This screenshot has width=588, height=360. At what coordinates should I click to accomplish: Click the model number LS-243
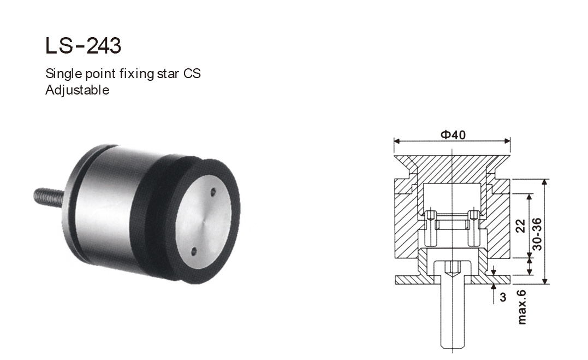pos(83,46)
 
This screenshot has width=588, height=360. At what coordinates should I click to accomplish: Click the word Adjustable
pos(77,90)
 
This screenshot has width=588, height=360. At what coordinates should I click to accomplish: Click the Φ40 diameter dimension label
pos(453,134)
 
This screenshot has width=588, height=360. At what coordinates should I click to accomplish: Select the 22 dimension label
pos(520,226)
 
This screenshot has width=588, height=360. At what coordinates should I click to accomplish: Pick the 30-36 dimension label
pos(537,233)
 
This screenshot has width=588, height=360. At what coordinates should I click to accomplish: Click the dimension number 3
pos(503,298)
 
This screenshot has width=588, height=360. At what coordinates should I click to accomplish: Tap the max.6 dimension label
pos(522,307)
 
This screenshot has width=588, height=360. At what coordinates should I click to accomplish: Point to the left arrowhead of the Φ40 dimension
pos(397,141)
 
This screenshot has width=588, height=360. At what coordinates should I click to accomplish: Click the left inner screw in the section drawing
pos(431,227)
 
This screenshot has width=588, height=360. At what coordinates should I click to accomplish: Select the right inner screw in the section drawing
pos(474,227)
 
